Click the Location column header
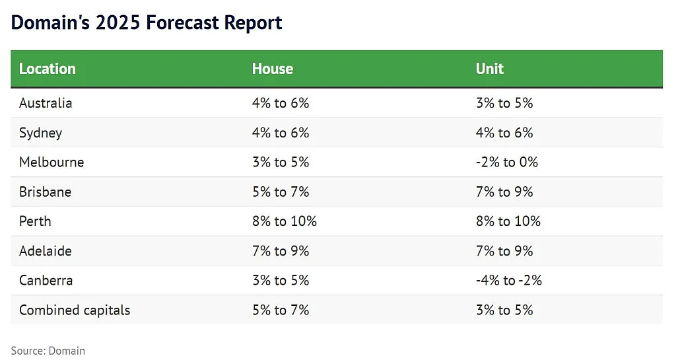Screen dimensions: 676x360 click(48, 69)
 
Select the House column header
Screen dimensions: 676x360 click(273, 69)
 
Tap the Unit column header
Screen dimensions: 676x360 click(490, 69)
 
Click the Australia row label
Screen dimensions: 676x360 click(46, 103)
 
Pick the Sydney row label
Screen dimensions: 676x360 click(40, 133)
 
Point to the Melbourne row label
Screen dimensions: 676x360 click(51, 162)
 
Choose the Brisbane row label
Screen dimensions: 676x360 click(46, 192)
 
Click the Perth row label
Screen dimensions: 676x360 click(36, 221)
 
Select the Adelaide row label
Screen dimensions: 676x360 click(46, 251)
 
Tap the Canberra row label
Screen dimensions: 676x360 click(46, 280)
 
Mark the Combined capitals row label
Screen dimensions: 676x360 click(75, 310)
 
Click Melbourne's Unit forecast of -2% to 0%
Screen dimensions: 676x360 click(507, 162)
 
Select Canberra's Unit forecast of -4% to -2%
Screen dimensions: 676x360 click(509, 280)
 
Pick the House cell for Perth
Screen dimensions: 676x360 click(285, 221)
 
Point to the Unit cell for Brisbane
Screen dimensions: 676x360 click(504, 192)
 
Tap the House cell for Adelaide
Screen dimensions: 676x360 click(281, 251)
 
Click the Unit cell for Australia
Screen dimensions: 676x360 click(504, 103)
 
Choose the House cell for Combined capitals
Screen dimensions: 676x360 click(281, 310)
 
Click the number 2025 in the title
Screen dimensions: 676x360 click(118, 22)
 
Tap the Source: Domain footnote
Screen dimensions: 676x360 click(48, 351)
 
